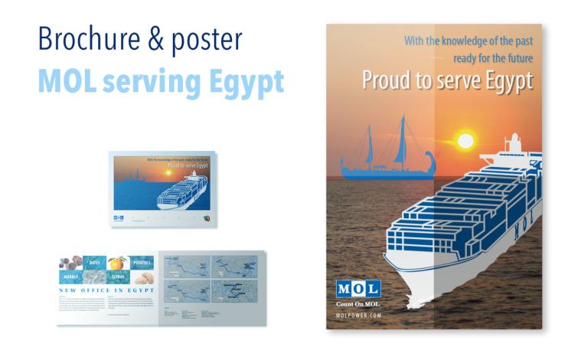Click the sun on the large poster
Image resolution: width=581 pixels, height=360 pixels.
(x=465, y=141)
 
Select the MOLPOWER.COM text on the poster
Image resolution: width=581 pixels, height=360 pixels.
(x=358, y=315)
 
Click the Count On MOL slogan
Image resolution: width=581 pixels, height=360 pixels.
(x=358, y=304)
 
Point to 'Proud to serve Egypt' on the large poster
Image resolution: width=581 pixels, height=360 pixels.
(x=446, y=80)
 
